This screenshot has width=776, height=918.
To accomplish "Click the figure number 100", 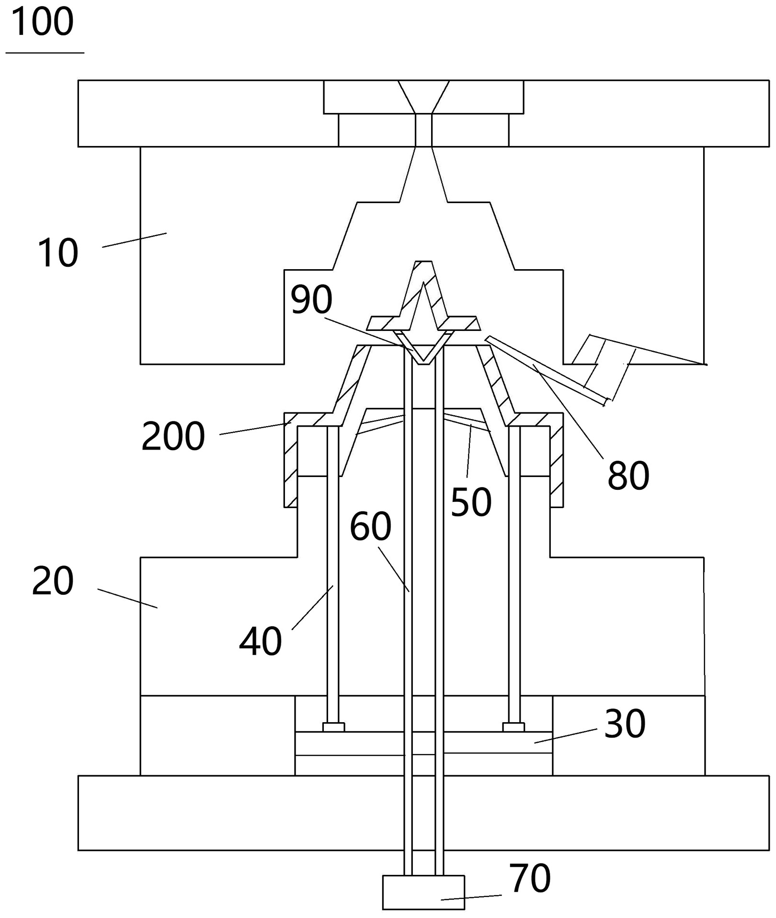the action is click(42, 22).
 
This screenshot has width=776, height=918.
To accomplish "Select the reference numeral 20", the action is click(53, 580).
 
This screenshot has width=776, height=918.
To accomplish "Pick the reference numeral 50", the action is click(471, 502).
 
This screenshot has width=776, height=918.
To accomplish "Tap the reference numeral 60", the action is click(370, 526).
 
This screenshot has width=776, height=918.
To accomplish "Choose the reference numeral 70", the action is click(529, 878).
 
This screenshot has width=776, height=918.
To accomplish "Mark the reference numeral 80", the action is click(628, 476).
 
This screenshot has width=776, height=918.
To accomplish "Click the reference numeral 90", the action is click(311, 299).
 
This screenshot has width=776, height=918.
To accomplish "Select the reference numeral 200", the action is click(173, 436).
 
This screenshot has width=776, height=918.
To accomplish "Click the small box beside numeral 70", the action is click(423, 892).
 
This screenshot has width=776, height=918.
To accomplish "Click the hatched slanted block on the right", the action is click(604, 367).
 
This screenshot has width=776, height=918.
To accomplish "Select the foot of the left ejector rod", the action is click(333, 727).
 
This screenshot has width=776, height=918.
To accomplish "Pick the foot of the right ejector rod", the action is click(514, 727).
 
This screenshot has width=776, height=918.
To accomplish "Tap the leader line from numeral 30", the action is click(566, 736).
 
